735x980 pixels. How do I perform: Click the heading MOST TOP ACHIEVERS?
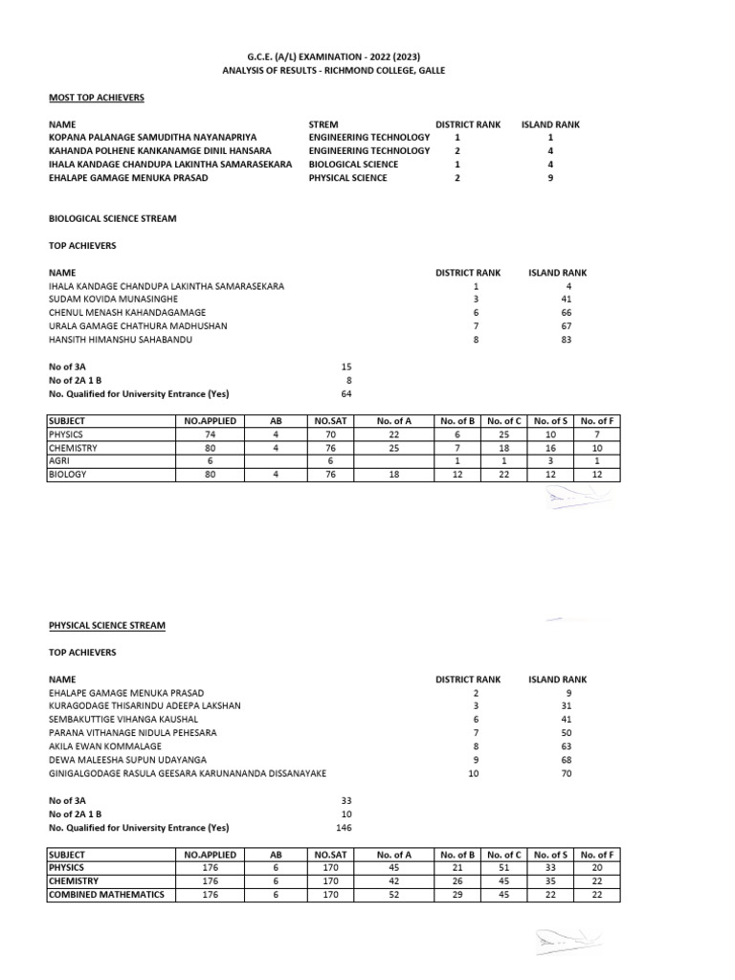point(97,98)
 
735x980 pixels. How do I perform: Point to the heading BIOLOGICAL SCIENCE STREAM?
point(112,218)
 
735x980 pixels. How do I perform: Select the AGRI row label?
point(61,460)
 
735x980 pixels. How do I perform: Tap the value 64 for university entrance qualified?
point(346,393)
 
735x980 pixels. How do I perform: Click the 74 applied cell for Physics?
point(209,434)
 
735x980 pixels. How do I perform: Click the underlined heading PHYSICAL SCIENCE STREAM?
point(106,625)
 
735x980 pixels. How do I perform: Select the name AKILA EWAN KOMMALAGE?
point(105,746)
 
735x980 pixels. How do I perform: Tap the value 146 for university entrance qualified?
point(345,827)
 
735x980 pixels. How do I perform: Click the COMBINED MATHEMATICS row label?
point(106,894)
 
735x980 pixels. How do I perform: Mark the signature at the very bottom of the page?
point(565,943)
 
